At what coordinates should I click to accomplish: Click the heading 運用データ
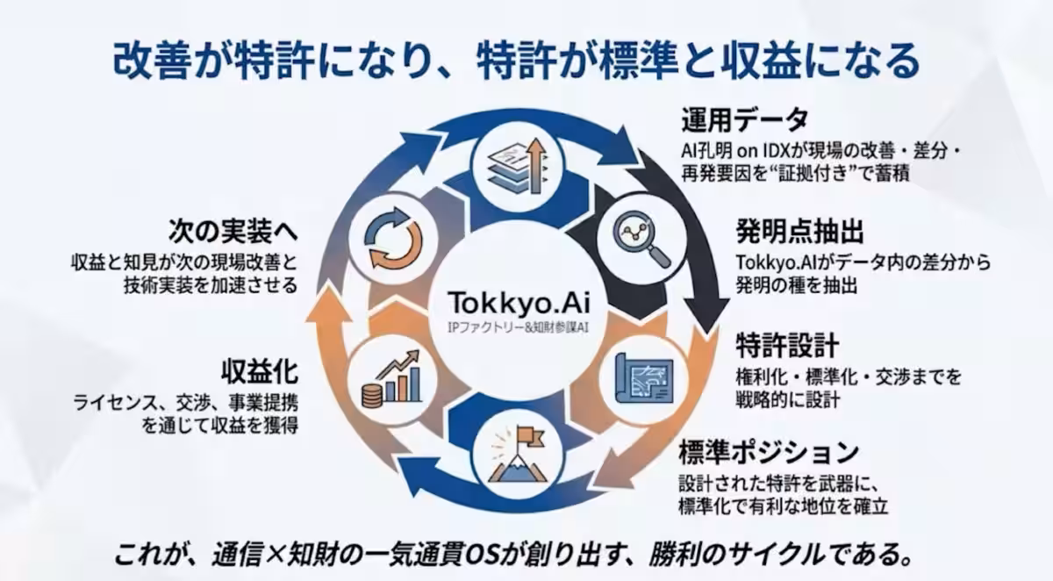pyautogui.click(x=745, y=119)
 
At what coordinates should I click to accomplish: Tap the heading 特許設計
pyautogui.click(x=787, y=345)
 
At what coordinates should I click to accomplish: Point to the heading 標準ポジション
pyautogui.click(x=769, y=452)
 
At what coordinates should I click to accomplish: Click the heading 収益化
pyautogui.click(x=260, y=372)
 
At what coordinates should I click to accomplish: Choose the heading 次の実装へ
pyautogui.click(x=233, y=232)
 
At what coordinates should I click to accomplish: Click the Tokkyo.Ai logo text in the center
pyautogui.click(x=519, y=302)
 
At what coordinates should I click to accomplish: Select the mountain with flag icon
pyautogui.click(x=517, y=455)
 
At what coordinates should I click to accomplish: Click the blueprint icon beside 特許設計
pyautogui.click(x=644, y=377)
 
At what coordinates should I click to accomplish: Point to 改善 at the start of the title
pyautogui.click(x=150, y=61)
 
